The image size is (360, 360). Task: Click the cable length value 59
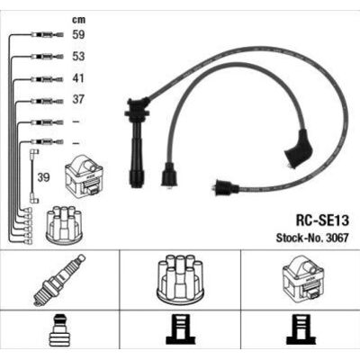78,34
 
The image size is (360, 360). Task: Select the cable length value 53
78,57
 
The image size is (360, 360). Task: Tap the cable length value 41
78,78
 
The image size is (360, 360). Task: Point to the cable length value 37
78,99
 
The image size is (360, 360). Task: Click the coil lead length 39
43,177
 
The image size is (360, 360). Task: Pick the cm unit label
78,20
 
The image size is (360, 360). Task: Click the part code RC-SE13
322,220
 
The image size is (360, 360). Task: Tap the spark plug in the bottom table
59,280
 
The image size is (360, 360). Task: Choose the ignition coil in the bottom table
303,278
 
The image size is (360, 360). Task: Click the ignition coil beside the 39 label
85,176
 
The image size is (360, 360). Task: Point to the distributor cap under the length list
64,223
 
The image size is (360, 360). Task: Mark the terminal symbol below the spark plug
59,329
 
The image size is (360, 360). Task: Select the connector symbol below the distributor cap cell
180,329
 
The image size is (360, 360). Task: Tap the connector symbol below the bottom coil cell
301,329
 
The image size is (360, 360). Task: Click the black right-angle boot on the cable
299,149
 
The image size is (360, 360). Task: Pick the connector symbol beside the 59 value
48,35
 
